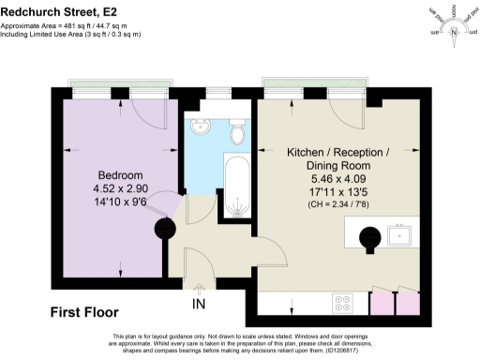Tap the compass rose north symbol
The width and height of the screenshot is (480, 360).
click(455, 34)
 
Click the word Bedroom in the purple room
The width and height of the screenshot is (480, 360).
click(120, 175)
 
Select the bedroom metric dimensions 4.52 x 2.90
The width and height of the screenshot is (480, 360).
click(120, 188)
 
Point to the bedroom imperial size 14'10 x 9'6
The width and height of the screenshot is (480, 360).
click(120, 202)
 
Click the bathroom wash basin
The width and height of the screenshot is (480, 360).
click(201, 128)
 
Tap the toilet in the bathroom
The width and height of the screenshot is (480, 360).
click(237, 133)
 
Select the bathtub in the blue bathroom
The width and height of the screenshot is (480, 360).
click(235, 187)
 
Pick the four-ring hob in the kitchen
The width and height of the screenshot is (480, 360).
click(343, 303)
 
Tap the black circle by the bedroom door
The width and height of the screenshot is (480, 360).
click(170, 226)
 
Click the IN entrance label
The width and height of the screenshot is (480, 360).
click(200, 306)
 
